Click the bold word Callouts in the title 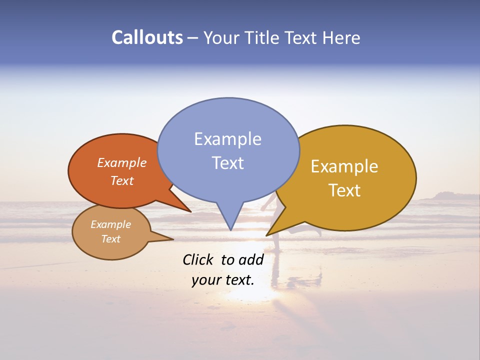(147, 37)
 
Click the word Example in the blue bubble (227, 139)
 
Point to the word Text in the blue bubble (227, 163)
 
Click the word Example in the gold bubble (344, 166)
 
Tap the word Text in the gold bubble (344, 190)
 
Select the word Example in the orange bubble (122, 163)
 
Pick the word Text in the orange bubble (122, 180)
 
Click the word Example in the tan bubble (110, 224)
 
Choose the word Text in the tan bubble (110, 239)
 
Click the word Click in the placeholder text (198, 259)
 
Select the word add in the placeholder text (251, 259)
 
